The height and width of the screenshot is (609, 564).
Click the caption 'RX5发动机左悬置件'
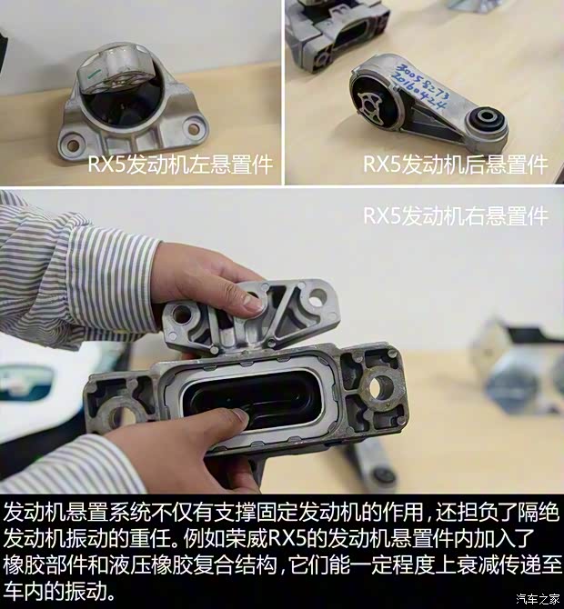pyautogui.click(x=179, y=165)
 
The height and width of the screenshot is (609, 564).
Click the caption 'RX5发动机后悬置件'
pyautogui.click(x=455, y=165)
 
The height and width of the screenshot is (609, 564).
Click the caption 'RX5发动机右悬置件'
pyautogui.click(x=455, y=216)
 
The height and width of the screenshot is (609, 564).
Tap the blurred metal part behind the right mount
pyautogui.click(x=514, y=364)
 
